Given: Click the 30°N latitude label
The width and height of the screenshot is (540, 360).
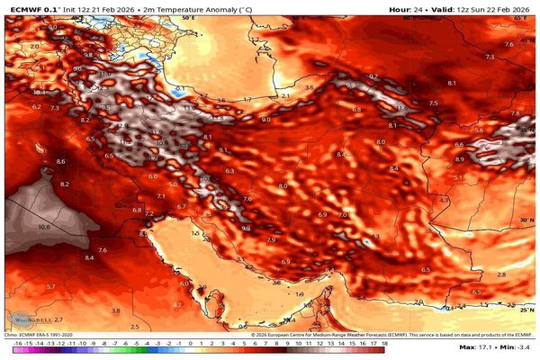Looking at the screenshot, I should point(527,219).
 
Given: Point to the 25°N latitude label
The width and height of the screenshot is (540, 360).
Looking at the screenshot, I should point(527,309).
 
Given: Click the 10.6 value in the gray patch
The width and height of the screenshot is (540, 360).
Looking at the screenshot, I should point(44,228).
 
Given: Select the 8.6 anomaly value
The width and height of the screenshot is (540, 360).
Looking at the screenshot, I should point(61,161).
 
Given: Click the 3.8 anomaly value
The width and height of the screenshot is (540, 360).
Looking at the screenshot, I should point(115,310).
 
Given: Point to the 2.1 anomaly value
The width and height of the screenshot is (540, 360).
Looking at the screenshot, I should point(285,94).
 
